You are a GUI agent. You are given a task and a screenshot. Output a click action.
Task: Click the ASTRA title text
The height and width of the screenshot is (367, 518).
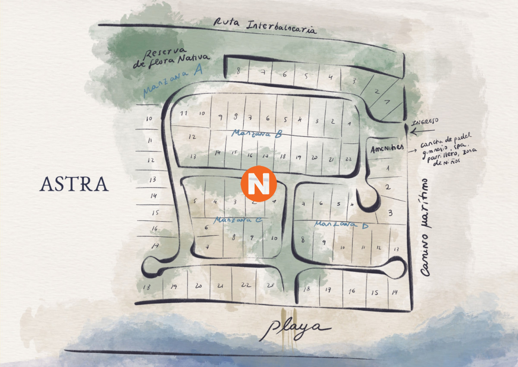click(x=74, y=184)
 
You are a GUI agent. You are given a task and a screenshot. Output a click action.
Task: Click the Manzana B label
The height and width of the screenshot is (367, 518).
click(x=256, y=134)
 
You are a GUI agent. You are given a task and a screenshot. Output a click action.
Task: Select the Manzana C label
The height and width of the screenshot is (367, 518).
click(x=238, y=220)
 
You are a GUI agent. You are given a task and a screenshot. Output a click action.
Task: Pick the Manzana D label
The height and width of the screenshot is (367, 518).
click(x=341, y=224)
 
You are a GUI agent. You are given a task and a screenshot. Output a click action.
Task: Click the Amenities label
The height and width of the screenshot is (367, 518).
click(x=387, y=147)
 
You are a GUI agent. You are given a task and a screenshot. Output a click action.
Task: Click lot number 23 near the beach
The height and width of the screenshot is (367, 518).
click(x=271, y=285)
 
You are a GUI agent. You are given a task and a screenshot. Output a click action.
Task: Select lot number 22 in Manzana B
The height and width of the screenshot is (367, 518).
click(x=349, y=159)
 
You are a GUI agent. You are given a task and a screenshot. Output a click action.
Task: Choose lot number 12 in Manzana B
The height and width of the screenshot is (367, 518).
click(x=192, y=137)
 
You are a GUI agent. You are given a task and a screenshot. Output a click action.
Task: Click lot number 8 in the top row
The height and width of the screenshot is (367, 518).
click(x=238, y=71)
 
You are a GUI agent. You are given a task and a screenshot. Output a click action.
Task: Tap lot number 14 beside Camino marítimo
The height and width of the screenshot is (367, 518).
click(x=395, y=292)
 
